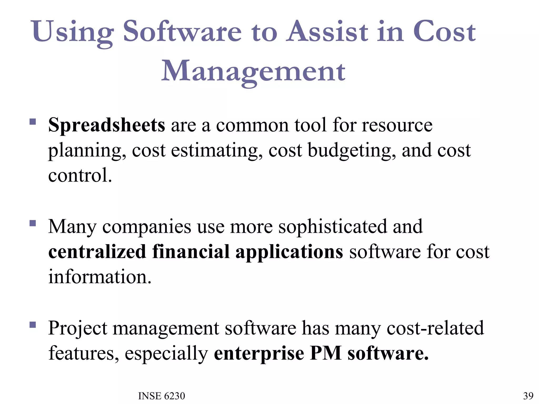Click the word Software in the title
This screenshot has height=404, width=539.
pos(182,32)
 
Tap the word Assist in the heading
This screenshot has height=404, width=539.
pos(327,32)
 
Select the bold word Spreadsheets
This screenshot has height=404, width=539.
pos(107,125)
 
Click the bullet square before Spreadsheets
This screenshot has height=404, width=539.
pos(33,122)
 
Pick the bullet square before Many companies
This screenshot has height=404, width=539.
pos(33,223)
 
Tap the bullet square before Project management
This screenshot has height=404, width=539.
pos(33,325)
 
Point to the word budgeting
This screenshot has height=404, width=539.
pos(352,150)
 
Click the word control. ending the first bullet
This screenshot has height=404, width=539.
pos(80,175)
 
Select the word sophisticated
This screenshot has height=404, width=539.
pos(333,226)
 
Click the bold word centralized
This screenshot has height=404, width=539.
pos(97,251)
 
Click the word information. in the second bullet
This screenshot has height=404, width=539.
pos(100,277)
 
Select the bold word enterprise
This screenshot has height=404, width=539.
pos(259,353)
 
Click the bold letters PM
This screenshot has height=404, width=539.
pos(326,353)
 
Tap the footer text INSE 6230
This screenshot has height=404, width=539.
pos(162,396)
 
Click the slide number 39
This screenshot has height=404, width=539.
pos(528,396)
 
